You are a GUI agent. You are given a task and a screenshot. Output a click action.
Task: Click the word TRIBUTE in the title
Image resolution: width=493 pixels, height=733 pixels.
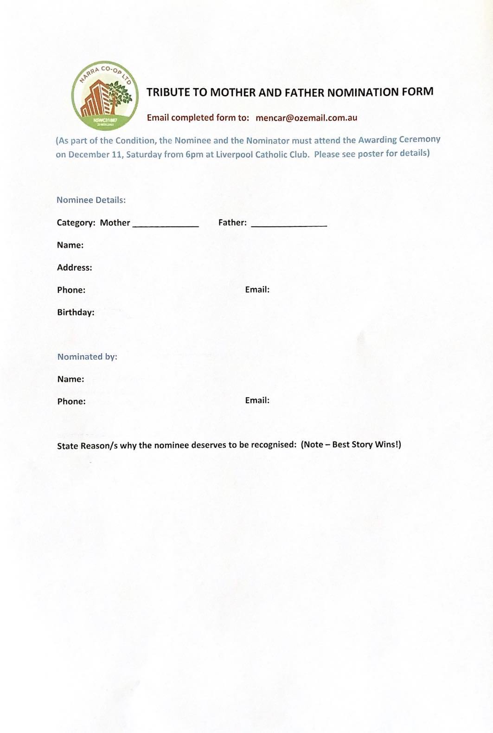click(x=168, y=92)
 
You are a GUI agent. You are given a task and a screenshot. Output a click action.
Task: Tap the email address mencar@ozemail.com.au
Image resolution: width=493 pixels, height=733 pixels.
click(x=306, y=118)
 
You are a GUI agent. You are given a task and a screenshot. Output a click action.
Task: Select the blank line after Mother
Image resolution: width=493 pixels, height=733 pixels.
click(x=166, y=225)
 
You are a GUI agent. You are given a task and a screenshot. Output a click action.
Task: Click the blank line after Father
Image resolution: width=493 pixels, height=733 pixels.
click(x=288, y=225)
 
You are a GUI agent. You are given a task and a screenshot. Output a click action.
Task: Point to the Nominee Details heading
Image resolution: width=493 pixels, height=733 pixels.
click(x=91, y=200)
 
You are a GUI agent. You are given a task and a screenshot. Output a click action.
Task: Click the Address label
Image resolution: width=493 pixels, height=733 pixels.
click(x=74, y=267)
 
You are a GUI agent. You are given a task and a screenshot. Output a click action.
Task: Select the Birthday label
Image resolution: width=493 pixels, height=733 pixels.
click(x=76, y=312)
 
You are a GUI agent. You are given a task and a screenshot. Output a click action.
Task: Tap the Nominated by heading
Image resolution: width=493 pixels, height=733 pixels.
click(x=87, y=357)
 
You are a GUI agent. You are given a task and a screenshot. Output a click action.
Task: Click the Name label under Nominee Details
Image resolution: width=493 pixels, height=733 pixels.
click(x=70, y=245)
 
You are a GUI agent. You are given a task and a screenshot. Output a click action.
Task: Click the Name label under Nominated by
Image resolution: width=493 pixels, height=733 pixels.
click(x=70, y=379)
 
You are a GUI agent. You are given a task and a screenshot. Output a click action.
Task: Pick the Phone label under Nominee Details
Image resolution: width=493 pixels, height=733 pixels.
click(x=71, y=290)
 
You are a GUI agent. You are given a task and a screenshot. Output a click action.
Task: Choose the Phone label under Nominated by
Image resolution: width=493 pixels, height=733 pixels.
click(x=71, y=401)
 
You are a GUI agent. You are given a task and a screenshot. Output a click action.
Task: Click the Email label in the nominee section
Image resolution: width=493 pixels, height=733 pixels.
click(x=257, y=289)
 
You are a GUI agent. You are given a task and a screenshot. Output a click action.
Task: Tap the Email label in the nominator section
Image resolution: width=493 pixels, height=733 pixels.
click(x=257, y=400)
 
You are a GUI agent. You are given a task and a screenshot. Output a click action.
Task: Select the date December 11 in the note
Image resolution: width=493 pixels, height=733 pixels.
click(x=95, y=154)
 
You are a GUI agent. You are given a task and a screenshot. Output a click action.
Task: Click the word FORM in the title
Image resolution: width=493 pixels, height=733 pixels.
click(x=417, y=91)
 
